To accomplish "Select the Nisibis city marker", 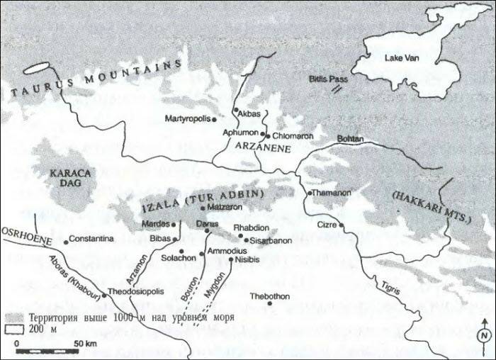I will [232, 259].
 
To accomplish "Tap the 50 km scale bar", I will [43, 350].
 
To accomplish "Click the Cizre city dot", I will [341, 225].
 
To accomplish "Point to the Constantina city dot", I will [66, 242].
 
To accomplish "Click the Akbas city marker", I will [235, 110].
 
